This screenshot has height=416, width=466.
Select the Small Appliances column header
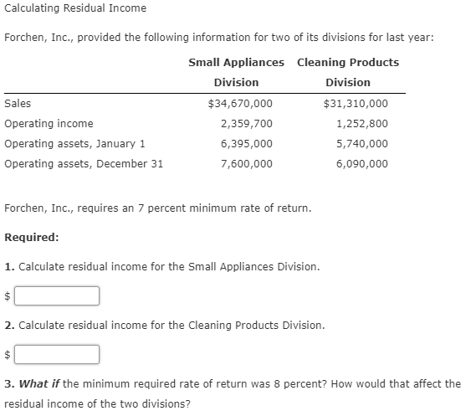(236, 63)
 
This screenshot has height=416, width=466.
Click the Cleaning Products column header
(347, 63)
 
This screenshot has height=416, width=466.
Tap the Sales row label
(18, 104)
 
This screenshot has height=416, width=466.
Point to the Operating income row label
(49, 124)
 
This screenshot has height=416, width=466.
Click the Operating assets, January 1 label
(74, 144)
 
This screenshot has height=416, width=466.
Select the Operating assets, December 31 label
(84, 164)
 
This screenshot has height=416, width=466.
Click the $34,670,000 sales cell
(239, 104)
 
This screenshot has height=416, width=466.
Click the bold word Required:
(31, 238)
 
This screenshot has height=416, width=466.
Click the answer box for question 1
(57, 296)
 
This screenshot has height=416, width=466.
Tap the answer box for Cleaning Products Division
(57, 355)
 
